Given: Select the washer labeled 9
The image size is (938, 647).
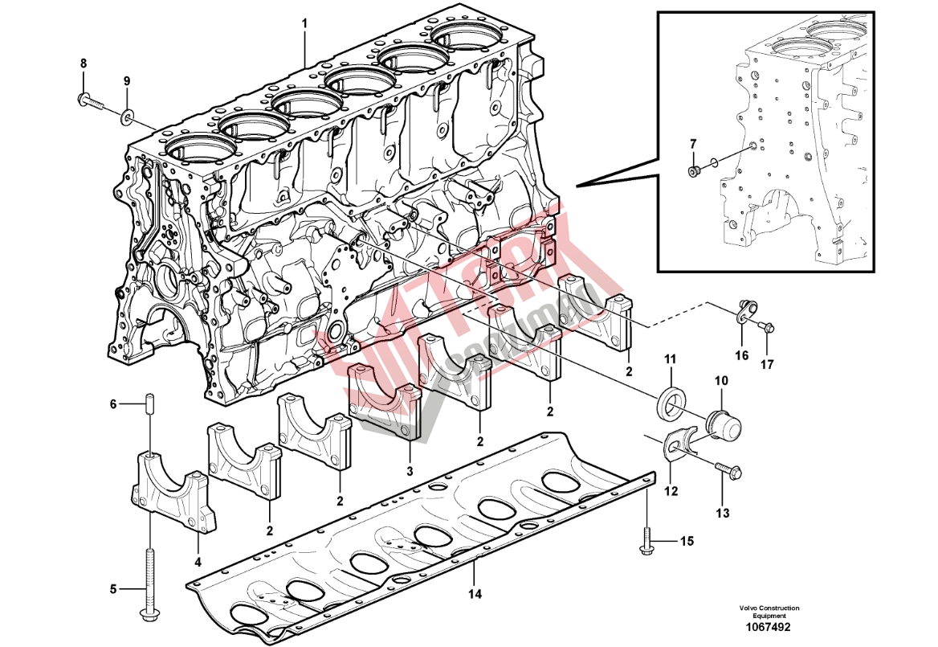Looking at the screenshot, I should click(x=127, y=117).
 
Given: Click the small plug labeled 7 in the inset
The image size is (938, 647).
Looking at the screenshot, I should click(x=693, y=170).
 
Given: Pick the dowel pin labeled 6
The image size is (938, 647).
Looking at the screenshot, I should click(x=149, y=404).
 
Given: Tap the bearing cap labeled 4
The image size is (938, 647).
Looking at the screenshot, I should click(x=170, y=491).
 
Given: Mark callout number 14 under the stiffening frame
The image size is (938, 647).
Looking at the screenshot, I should click(x=475, y=594).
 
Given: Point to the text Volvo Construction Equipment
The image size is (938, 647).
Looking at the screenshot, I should click(x=769, y=612).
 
